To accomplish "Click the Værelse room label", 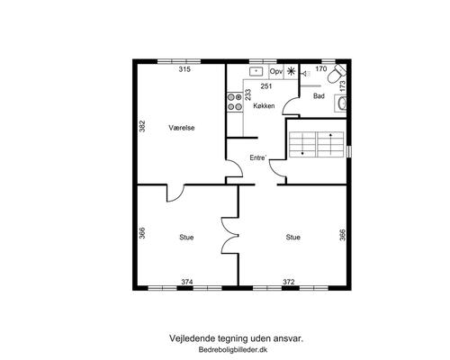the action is pyautogui.click(x=182, y=128).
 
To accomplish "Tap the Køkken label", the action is pyautogui.click(x=264, y=105).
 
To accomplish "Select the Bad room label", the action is pyautogui.click(x=319, y=96).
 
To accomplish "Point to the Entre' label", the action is pyautogui.click(x=258, y=157).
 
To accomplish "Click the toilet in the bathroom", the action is pyautogui.click(x=337, y=74).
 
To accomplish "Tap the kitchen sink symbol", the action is pyautogui.click(x=256, y=71).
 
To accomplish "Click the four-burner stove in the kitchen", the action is pyautogui.click(x=235, y=102).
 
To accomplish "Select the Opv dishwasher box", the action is pyautogui.click(x=276, y=72).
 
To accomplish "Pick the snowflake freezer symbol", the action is pyautogui.click(x=291, y=71).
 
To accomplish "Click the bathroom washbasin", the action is pyautogui.click(x=341, y=103).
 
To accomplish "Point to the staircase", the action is pyautogui.click(x=316, y=144).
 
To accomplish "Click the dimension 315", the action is pyautogui.click(x=184, y=69).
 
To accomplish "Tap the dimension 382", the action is pyautogui.click(x=142, y=126).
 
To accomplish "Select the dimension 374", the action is pyautogui.click(x=187, y=282).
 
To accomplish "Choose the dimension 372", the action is pyautogui.click(x=289, y=282).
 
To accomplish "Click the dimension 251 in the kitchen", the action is pyautogui.click(x=266, y=86).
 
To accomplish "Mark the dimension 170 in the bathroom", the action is pyautogui.click(x=321, y=69).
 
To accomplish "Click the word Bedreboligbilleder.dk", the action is pyautogui.click(x=233, y=349).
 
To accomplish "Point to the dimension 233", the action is pyautogui.click(x=248, y=94).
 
